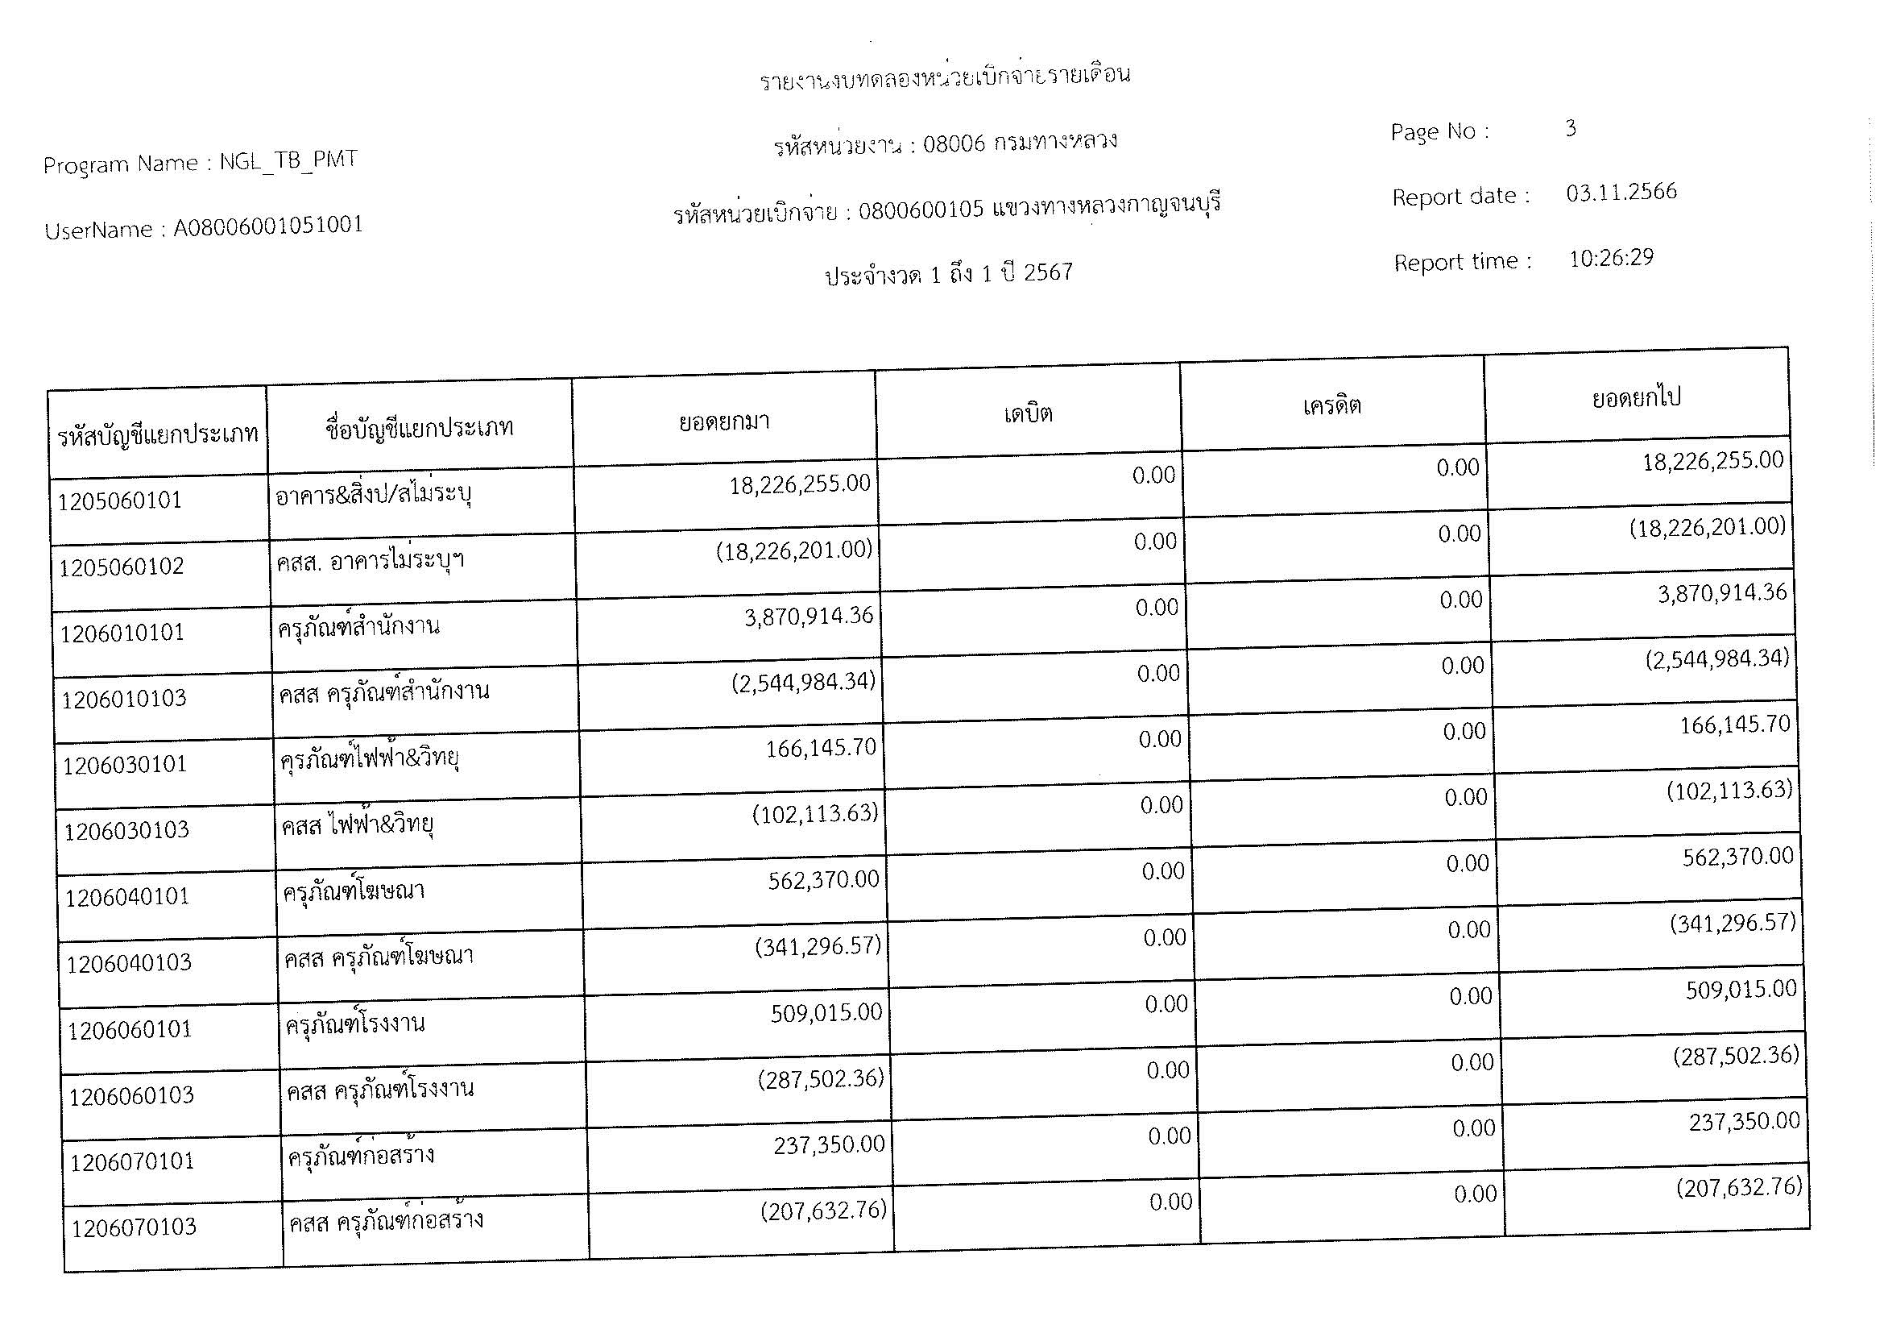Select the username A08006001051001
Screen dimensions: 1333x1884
[268, 226]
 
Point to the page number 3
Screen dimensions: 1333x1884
[1571, 128]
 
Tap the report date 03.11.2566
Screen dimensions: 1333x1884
[1621, 193]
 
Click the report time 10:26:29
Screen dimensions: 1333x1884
[1612, 259]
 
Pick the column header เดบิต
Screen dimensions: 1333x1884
[1028, 413]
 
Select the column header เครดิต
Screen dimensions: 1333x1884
[1331, 405]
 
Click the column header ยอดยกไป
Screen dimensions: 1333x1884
[1636, 398]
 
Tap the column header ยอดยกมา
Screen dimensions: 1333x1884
[724, 421]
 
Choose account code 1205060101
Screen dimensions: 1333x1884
[120, 500]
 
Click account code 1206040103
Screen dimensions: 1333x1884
[129, 963]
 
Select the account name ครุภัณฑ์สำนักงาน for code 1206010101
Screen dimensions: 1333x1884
[358, 627]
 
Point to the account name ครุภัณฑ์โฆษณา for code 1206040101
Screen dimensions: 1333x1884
[354, 891]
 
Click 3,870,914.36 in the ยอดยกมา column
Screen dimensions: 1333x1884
[808, 616]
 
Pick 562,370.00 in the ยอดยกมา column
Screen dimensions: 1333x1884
[823, 880]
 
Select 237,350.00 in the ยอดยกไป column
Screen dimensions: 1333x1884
[1744, 1121]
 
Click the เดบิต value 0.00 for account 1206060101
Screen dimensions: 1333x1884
[1166, 1004]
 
